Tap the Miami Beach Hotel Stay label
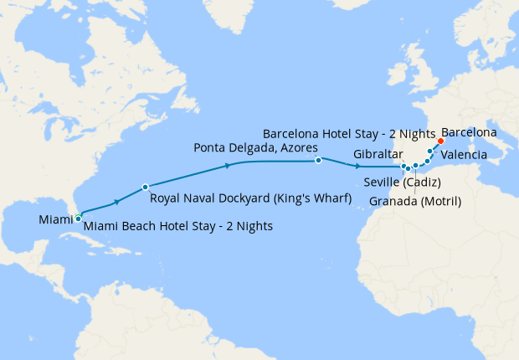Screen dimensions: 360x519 178,227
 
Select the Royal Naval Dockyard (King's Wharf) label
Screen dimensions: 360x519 249,198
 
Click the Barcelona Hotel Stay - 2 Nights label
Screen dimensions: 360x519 349,133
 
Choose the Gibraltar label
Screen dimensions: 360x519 378,155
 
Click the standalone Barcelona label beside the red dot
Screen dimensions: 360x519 469,133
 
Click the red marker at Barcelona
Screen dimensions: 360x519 440,141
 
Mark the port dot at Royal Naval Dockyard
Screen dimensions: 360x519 146,187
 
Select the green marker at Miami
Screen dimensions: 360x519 78,218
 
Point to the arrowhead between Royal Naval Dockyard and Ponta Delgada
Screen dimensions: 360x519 228,167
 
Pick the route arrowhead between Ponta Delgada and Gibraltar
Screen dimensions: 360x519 357,165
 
